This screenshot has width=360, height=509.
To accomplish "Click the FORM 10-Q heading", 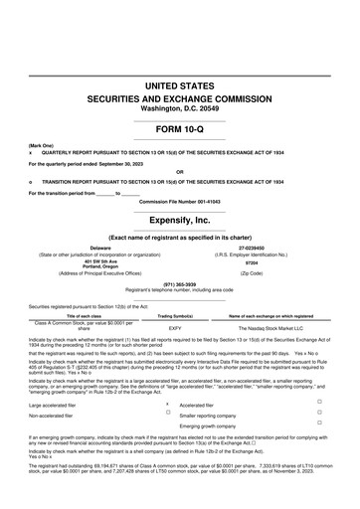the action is (x=180, y=129).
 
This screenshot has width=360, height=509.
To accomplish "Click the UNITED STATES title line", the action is (x=180, y=88).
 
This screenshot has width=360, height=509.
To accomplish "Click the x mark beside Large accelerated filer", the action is (x=167, y=403).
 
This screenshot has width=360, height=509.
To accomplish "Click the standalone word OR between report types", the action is (x=180, y=169).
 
